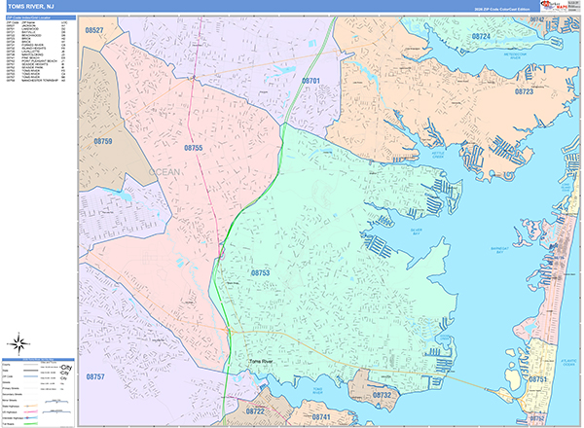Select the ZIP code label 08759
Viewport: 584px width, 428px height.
103,142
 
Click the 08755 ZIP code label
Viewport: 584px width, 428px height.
193,148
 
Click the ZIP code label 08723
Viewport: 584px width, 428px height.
525,91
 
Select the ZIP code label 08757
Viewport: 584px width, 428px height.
95,375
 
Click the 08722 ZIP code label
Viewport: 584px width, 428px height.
255,411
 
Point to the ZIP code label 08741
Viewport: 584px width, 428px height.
321,417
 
